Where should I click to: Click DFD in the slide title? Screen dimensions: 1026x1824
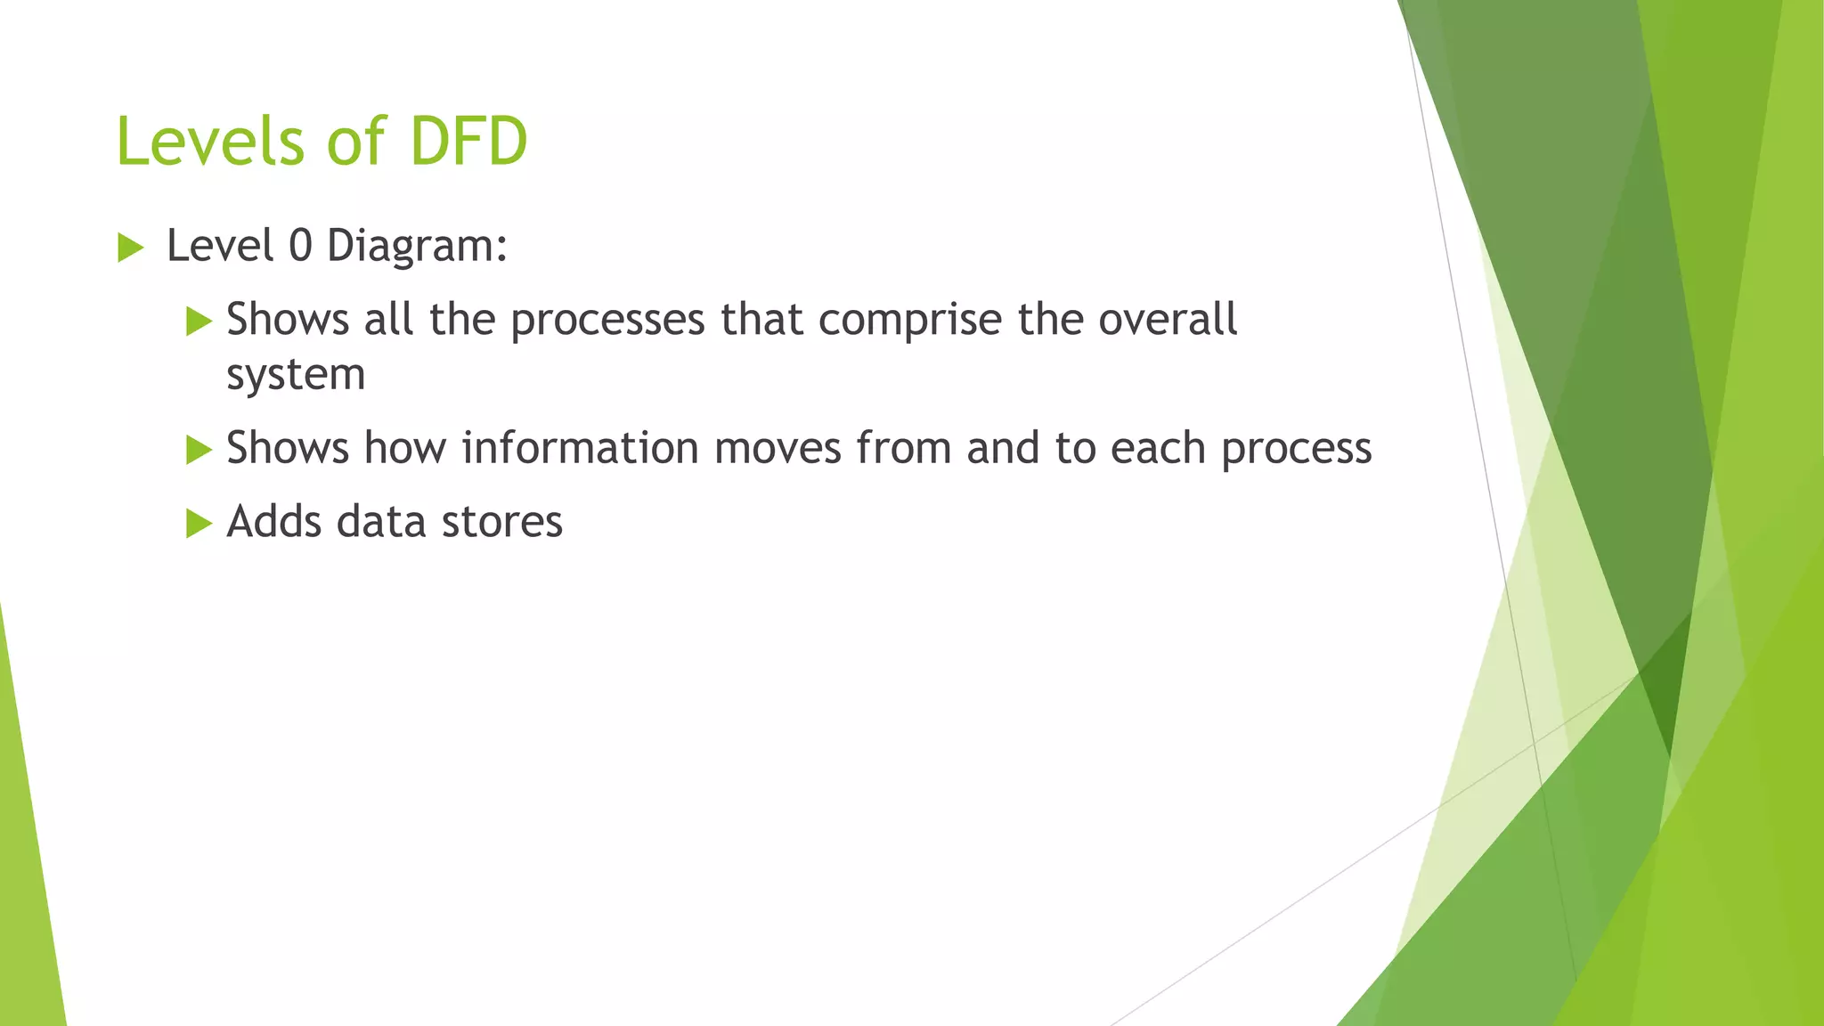click(468, 142)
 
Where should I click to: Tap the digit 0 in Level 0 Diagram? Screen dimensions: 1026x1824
click(300, 246)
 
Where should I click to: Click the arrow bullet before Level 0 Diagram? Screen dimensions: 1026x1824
click(130, 248)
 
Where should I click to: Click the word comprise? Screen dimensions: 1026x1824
click(909, 321)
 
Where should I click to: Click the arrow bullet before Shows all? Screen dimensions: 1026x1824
click(199, 322)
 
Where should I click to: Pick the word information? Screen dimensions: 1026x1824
click(580, 447)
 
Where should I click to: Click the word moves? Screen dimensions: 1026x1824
click(778, 448)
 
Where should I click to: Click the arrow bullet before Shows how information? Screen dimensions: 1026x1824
click(199, 450)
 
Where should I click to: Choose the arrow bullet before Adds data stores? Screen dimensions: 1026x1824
click(199, 524)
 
